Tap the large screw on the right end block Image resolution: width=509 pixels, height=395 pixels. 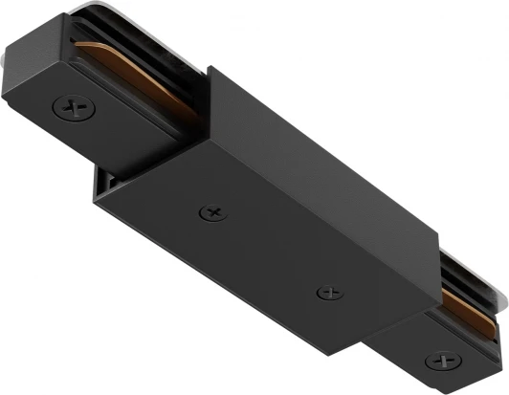pyautogui.click(x=443, y=361)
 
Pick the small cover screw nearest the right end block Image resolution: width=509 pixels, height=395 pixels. pyautogui.click(x=328, y=291)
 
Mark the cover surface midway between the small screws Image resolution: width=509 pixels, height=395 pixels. pyautogui.click(x=270, y=251)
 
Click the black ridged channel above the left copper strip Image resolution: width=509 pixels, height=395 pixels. pyautogui.click(x=144, y=48)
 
